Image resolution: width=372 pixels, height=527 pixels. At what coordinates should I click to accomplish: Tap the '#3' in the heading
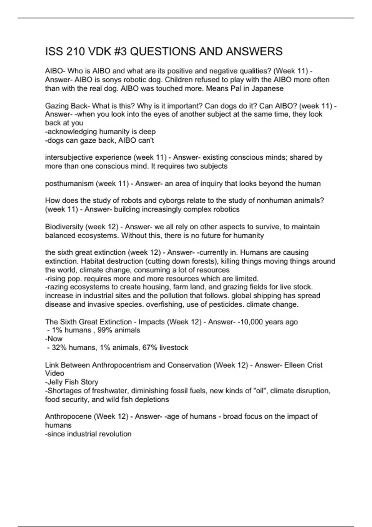pyautogui.click(x=118, y=51)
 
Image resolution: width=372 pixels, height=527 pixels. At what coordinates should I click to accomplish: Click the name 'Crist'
pyautogui.click(x=313, y=365)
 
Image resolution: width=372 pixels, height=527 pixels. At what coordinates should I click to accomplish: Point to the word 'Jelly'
pyautogui.click(x=55, y=382)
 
